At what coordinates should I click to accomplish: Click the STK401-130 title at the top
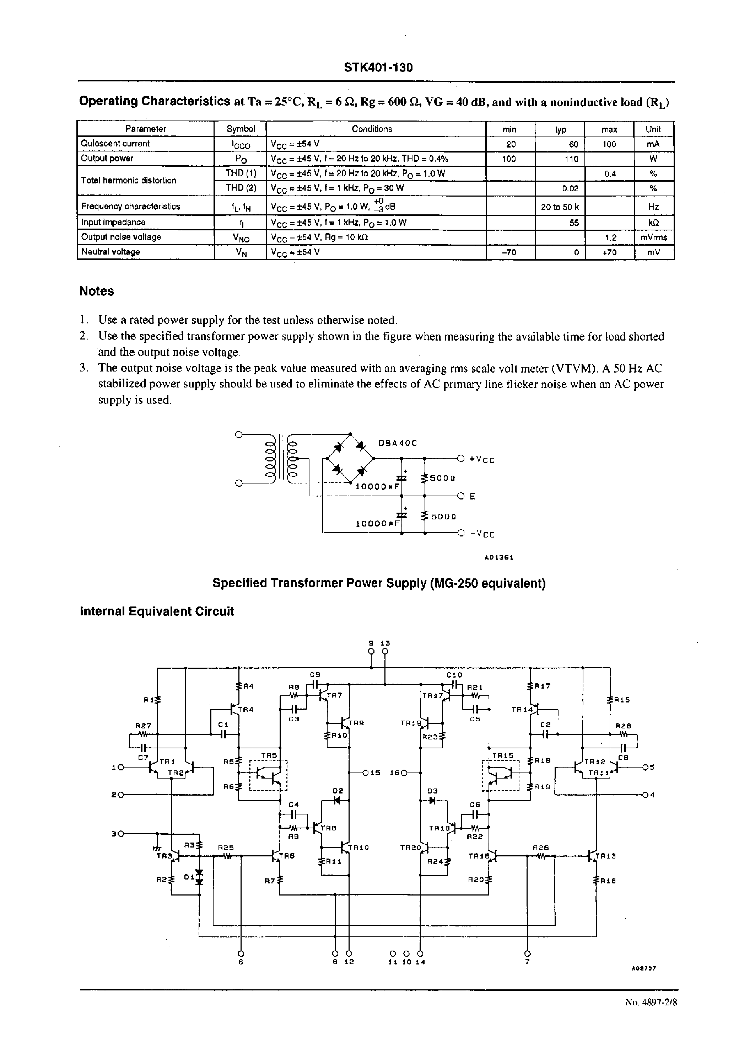[x=378, y=68]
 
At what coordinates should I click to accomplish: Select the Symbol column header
[x=240, y=129]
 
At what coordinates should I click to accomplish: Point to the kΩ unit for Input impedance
[x=653, y=223]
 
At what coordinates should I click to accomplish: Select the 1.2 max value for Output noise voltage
[x=610, y=237]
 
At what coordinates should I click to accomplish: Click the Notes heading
[x=97, y=292]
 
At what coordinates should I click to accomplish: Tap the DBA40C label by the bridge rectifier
[x=397, y=443]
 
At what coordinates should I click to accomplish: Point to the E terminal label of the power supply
[x=472, y=496]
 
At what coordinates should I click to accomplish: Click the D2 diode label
[x=337, y=791]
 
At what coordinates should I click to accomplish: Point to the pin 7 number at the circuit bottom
[x=527, y=961]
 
